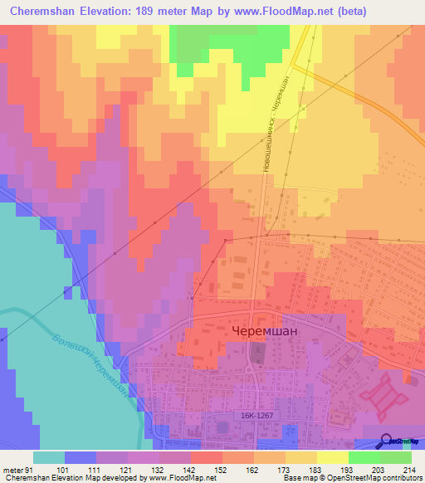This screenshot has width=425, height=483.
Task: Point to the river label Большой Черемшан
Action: (91, 363)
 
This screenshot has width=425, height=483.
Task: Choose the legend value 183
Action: (314, 469)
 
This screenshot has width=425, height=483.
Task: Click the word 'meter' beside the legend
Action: (12, 469)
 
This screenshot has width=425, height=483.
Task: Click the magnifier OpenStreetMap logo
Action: (386, 442)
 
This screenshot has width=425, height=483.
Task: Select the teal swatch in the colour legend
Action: (48, 457)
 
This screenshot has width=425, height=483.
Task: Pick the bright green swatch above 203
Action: (364, 457)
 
